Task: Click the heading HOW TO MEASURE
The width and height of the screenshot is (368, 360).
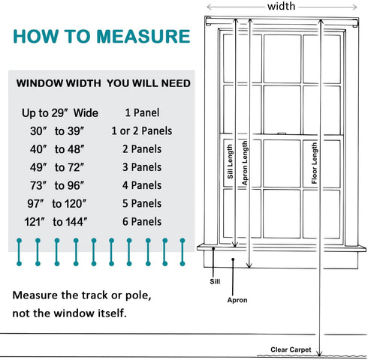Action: pos(101,37)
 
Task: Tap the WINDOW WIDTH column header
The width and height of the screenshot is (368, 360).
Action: pos(59,83)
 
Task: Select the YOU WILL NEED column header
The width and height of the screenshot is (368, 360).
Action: pos(149,83)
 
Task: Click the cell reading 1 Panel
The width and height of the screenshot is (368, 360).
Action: pos(142,112)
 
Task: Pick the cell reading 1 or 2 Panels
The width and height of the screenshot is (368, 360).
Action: pos(142,131)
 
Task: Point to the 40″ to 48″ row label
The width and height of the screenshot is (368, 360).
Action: pos(57,149)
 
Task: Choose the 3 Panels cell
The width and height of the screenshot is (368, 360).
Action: pos(142,167)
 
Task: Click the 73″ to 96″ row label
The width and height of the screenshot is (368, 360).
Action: pos(57,185)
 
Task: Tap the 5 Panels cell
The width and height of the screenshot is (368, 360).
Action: pos(142,203)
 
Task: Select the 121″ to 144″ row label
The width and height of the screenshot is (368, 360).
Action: pos(56,222)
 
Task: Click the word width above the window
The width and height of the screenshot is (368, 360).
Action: pos(282,6)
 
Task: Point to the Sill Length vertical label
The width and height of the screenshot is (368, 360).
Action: pos(230,161)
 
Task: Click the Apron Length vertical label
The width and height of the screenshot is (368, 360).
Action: pos(245,163)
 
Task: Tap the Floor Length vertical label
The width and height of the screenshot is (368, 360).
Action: pos(314,163)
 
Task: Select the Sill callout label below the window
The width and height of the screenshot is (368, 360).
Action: pos(215,281)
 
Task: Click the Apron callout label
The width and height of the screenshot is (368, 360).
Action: pos(237,300)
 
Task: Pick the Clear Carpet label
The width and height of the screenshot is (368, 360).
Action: pos(291,349)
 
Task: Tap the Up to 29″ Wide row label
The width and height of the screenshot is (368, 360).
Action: pos(60,113)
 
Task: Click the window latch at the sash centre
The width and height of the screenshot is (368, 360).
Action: pos(282,133)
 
